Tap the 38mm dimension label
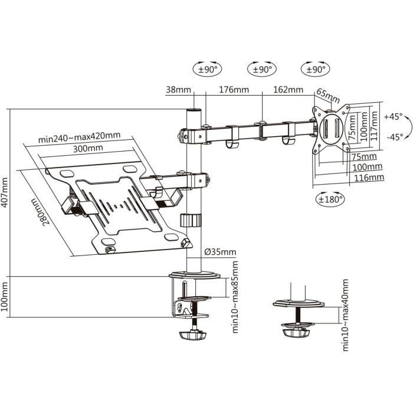point(178,90)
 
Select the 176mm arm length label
point(234,90)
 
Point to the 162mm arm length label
point(288,90)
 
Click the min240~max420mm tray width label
point(79,137)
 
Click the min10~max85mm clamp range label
point(234,307)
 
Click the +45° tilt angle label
point(392,116)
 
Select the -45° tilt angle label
point(392,136)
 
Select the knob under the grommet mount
point(297,332)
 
